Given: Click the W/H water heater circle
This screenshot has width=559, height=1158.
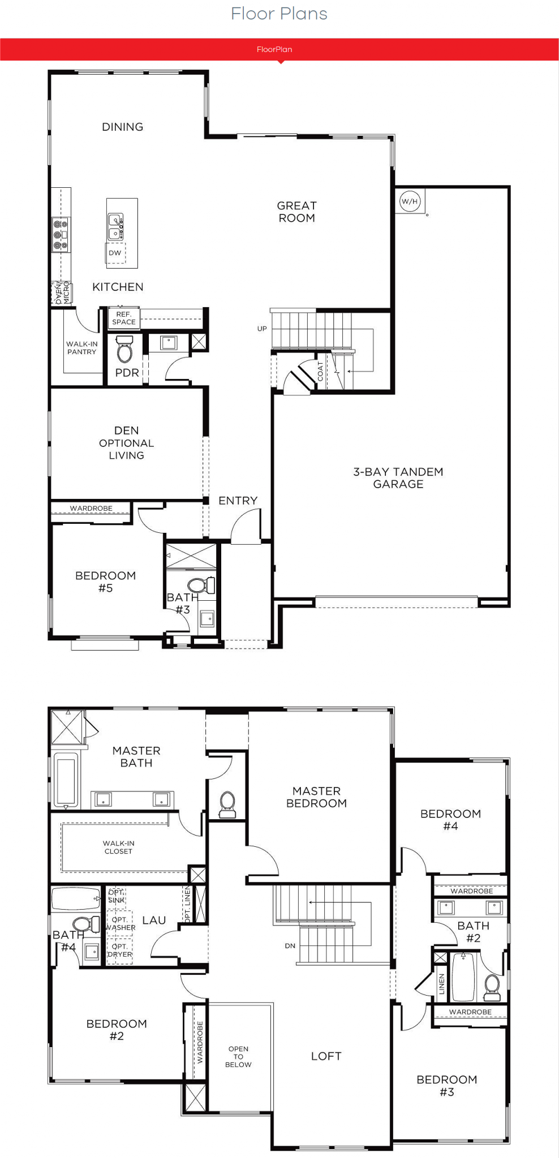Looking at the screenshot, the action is coord(410,201).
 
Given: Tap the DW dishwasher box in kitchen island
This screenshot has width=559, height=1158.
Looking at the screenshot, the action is coord(115,253).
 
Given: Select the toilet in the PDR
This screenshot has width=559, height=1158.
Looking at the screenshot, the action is coord(124,349).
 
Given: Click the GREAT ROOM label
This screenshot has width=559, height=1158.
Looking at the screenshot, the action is coord(297,212).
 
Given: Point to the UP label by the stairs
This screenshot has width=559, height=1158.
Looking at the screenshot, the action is coord(262,329).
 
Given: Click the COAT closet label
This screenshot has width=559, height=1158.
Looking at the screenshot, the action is coord(320,371).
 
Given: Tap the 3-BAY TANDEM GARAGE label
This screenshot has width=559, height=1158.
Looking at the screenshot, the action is coord(398,477).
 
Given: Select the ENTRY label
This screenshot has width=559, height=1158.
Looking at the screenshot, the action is coord(238,501).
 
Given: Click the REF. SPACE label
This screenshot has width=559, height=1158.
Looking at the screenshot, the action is coord(124,318).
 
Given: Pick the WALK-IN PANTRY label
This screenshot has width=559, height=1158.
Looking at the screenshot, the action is coord(82,347).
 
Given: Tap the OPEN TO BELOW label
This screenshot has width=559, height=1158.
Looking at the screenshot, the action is coord(238,1056).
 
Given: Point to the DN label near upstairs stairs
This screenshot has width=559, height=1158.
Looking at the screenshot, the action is coord(290,946).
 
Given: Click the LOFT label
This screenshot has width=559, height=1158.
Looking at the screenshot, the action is coord(326,1056).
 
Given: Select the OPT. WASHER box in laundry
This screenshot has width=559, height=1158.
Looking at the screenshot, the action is coord(120,923).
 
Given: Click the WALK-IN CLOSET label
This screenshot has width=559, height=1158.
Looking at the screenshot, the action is coord(119,847).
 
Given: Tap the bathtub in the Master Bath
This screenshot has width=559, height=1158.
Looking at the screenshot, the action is coord(66,781).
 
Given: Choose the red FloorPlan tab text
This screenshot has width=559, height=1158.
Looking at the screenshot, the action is coord(274,49).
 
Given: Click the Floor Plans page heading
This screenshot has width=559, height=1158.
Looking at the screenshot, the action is coord(279,14).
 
